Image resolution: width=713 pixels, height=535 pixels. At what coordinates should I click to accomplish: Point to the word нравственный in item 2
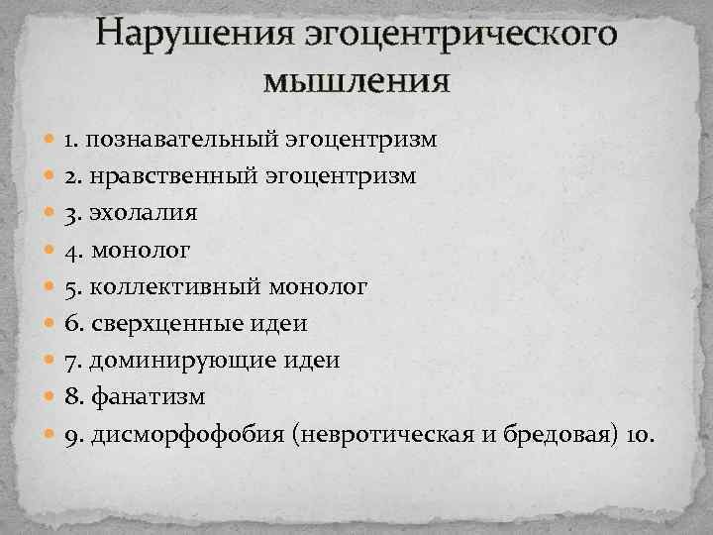(x=172, y=176)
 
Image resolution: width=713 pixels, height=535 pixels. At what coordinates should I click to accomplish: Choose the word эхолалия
(x=145, y=213)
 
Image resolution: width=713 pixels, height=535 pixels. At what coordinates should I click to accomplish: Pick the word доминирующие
(x=174, y=360)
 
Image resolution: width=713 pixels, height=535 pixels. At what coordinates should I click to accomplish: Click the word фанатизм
(x=149, y=396)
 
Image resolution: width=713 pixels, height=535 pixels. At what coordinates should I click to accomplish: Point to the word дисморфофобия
(x=188, y=433)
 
